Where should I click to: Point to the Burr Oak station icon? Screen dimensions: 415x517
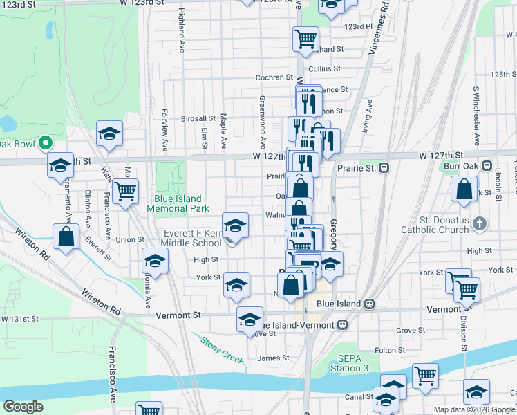pos(487,167)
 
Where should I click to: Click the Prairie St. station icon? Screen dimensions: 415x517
pos(384,168)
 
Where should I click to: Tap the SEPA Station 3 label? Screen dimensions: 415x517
pos(358,363)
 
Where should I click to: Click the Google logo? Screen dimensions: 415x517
pos(23,407)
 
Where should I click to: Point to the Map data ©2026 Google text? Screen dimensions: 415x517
pos(473,409)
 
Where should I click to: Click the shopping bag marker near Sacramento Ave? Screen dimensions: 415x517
pos(66,237)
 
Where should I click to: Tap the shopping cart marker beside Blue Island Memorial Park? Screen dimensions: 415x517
pos(124,191)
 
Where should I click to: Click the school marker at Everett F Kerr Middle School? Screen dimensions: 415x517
pos(235,225)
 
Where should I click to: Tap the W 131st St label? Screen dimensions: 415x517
pos(20,319)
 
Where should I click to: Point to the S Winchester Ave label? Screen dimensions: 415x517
pos(476,109)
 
